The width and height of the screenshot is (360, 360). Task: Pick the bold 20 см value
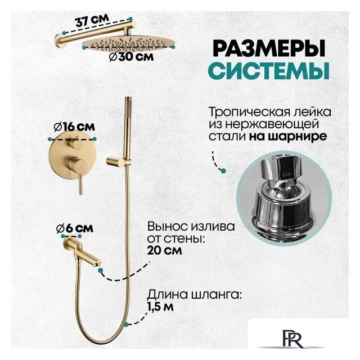[164, 251]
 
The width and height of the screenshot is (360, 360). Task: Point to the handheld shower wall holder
[116, 163]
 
